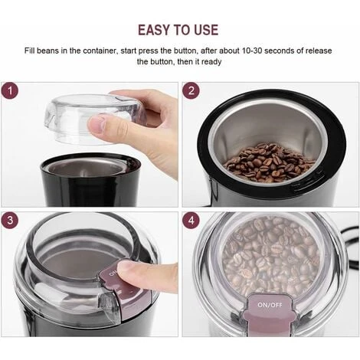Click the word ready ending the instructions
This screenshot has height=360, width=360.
click(x=211, y=61)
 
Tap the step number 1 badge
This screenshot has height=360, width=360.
click(x=11, y=90)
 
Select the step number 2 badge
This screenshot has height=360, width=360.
click(x=191, y=90)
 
